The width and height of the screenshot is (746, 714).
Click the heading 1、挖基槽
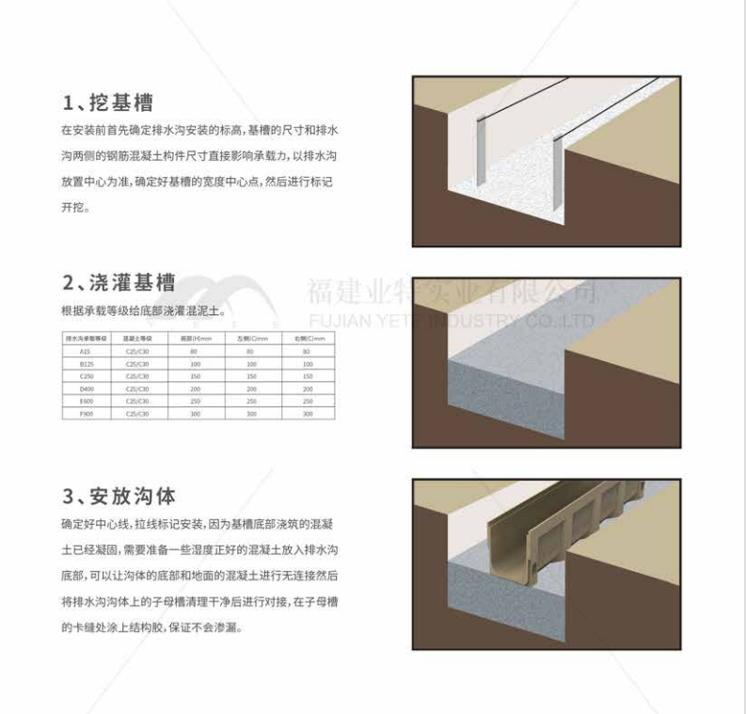coord(107,102)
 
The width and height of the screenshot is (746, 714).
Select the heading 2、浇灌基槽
coord(119,282)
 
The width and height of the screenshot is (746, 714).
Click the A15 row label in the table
coord(86,351)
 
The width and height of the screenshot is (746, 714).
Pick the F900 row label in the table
coord(86,414)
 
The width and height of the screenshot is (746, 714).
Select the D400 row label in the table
coord(86,389)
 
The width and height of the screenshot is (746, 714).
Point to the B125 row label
coord(86,363)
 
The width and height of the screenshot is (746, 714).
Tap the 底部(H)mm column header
coord(196,338)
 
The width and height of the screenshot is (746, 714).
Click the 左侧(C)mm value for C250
coord(250,376)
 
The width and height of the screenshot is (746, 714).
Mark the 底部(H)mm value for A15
coord(196,351)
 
